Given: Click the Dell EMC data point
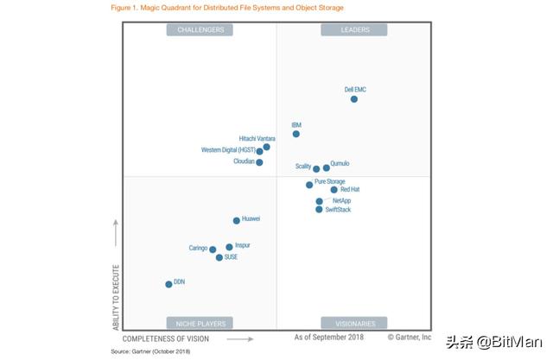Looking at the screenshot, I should click(354, 99).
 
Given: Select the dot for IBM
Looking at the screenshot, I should click(296, 134).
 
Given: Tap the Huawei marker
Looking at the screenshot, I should click(237, 220).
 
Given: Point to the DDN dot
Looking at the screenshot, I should click(168, 283).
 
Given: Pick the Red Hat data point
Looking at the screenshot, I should click(334, 190).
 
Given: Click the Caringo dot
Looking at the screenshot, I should click(213, 249).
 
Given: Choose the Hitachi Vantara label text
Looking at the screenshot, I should click(257, 138).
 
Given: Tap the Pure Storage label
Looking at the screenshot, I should click(329, 181).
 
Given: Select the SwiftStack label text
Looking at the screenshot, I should click(338, 209).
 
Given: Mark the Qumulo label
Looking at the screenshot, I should click(340, 163).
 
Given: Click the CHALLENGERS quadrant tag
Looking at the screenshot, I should click(200, 29).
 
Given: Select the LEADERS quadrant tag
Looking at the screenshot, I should click(353, 29).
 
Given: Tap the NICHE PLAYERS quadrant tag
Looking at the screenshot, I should click(200, 324).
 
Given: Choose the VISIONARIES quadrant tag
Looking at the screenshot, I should click(353, 324).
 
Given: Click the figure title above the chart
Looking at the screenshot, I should click(227, 8).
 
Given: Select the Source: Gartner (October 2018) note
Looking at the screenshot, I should click(150, 351).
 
